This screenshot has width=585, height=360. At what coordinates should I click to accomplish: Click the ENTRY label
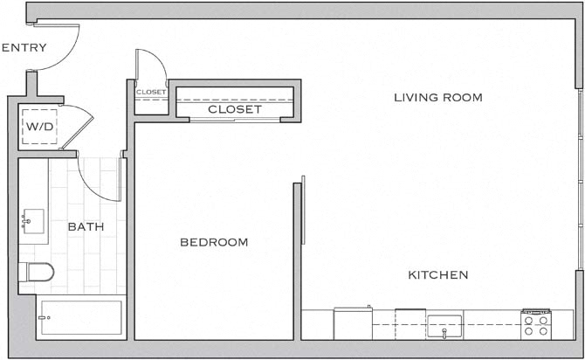coord(24,47)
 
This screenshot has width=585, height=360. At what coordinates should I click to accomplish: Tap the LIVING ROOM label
coord(438,98)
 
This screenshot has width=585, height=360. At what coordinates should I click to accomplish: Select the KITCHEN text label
coord(438,275)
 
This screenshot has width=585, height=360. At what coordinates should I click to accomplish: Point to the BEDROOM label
coord(214,242)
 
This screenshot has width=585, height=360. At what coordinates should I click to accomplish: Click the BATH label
coord(86,226)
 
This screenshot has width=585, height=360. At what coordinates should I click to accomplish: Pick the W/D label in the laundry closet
coord(39,127)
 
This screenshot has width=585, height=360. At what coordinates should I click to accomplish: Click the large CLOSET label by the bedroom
coord(235,109)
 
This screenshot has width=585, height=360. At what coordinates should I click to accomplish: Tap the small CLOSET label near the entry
coord(151,92)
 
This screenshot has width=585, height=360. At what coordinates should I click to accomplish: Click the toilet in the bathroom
coord(36,272)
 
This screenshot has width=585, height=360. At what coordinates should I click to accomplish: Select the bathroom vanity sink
coord(33,221)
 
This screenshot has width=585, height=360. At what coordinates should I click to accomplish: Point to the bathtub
coord(81,317)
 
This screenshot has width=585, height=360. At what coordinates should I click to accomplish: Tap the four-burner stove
coord(536,324)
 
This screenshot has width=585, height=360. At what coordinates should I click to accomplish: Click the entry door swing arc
coord(69,55)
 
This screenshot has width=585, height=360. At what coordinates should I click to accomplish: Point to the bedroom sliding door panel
coord(303,210)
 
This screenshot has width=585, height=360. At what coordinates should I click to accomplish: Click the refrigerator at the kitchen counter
coord(353,323)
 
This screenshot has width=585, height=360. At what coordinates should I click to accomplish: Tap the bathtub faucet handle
coord(44,318)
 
